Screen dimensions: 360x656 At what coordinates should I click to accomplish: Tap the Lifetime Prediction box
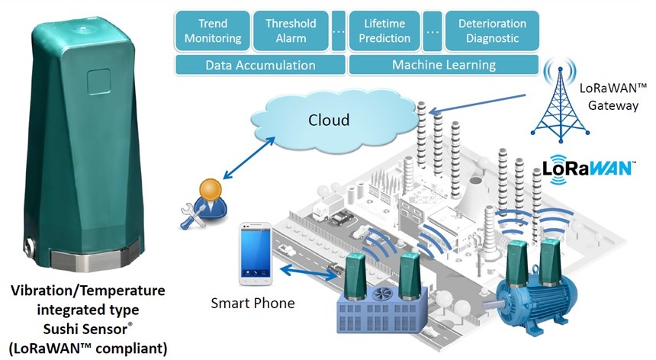tap(385, 30)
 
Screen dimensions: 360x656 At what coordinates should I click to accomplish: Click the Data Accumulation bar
tap(260, 65)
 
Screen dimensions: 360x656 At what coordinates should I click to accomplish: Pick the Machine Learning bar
tap(444, 65)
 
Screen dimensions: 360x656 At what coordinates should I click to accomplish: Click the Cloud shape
tap(329, 121)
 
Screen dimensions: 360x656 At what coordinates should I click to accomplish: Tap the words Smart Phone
tap(252, 304)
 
